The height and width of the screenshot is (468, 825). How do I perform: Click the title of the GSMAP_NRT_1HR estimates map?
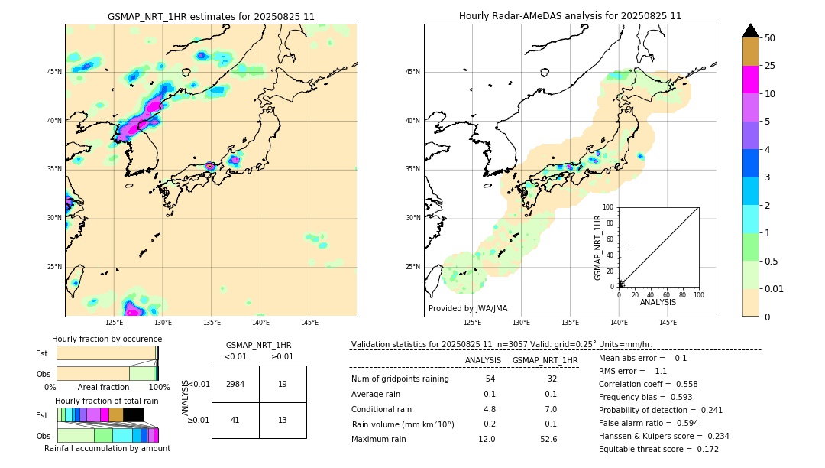coord(211,16)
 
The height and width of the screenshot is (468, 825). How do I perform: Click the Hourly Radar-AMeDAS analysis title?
coord(570,16)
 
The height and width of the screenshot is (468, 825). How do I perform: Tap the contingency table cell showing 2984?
coord(235,384)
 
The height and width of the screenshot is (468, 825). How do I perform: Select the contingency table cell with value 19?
coord(283,384)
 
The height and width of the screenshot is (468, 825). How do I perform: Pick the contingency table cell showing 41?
coord(235,420)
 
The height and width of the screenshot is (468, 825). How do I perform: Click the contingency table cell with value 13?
coord(283,420)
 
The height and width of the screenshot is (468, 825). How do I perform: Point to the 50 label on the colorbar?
coord(770,38)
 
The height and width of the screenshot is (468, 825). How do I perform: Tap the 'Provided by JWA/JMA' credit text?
coord(467,308)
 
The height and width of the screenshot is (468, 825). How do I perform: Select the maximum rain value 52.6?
coord(548,439)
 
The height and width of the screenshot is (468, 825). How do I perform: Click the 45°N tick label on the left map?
coord(54,72)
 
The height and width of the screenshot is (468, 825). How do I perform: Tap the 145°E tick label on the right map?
coord(668,323)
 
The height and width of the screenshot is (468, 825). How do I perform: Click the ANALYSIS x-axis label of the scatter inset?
coord(658,302)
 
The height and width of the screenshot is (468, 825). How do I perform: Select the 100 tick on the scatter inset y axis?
coord(608,207)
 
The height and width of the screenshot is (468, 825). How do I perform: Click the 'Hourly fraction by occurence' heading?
coord(107,339)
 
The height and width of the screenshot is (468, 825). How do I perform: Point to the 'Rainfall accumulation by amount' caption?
coord(107,449)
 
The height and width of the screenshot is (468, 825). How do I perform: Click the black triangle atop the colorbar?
coord(751,31)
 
